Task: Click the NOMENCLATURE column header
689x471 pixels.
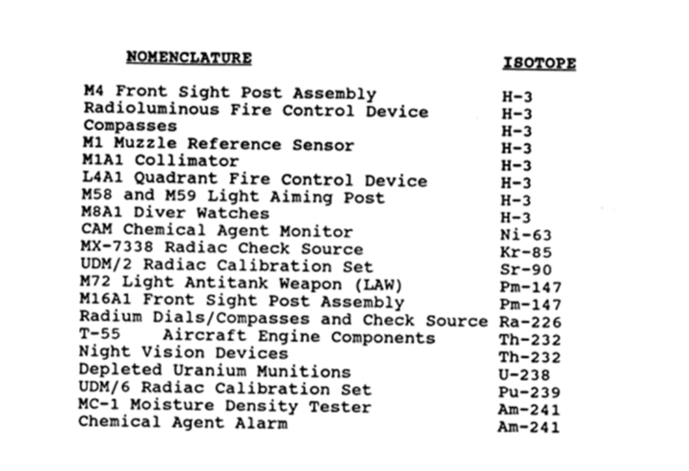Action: pyautogui.click(x=189, y=57)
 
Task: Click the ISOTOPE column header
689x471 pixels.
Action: pyautogui.click(x=539, y=63)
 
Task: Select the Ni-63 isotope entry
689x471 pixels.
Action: pyautogui.click(x=526, y=235)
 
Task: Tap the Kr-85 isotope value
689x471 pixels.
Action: pyautogui.click(x=526, y=253)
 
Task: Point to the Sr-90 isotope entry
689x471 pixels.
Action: pyautogui.click(x=526, y=270)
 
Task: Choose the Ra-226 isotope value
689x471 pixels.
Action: pyautogui.click(x=530, y=322)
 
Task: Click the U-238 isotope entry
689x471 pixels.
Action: pyautogui.click(x=524, y=375)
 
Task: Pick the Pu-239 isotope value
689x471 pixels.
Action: pyautogui.click(x=529, y=392)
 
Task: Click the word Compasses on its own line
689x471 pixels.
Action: pyautogui.click(x=130, y=126)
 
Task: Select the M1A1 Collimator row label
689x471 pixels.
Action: pyautogui.click(x=160, y=160)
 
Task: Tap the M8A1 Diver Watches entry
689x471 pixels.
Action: pyautogui.click(x=175, y=213)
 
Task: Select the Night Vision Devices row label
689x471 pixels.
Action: pyautogui.click(x=183, y=352)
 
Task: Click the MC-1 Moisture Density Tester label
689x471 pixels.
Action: pyautogui.click(x=224, y=406)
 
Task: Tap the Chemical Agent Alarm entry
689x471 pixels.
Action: pyautogui.click(x=182, y=422)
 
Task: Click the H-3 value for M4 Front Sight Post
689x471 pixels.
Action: pyautogui.click(x=517, y=97)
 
